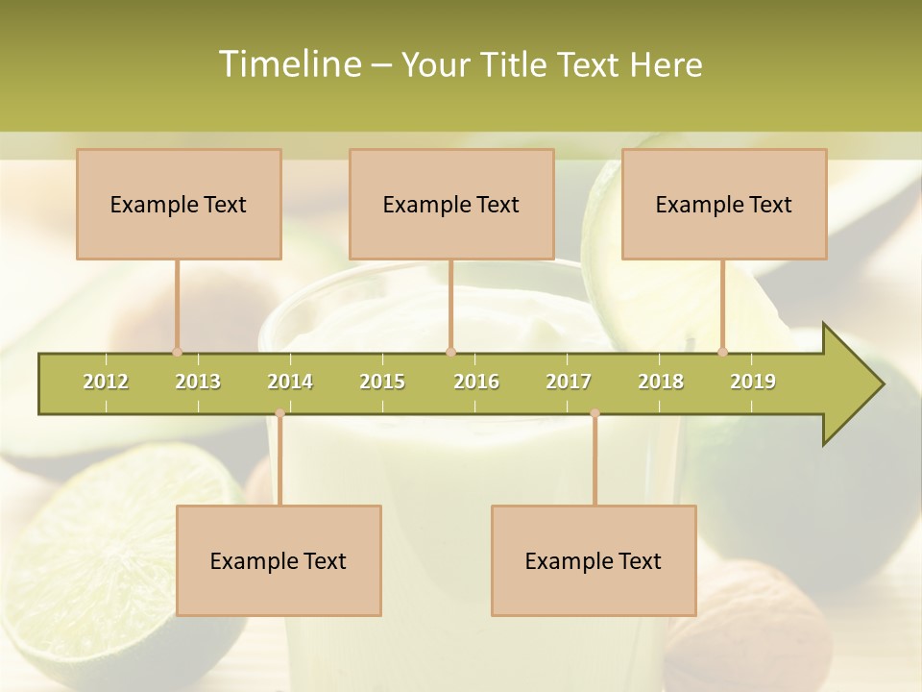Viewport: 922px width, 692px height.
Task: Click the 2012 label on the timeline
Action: click(x=106, y=382)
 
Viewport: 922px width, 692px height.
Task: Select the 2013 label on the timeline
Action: click(x=198, y=382)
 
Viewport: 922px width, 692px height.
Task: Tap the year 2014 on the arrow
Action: click(x=290, y=382)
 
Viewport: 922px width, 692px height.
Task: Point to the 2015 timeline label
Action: click(x=382, y=382)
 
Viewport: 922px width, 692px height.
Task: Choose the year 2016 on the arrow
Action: click(x=476, y=382)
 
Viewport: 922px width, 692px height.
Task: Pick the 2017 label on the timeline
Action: click(x=569, y=382)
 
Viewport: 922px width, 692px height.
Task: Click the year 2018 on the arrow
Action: click(x=661, y=382)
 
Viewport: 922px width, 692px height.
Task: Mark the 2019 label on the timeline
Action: click(x=753, y=382)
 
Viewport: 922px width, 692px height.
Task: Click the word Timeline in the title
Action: click(x=288, y=64)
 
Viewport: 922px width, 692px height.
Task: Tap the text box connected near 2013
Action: click(x=179, y=204)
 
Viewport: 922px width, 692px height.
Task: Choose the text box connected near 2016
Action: click(x=451, y=204)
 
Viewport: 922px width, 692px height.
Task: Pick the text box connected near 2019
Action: click(x=724, y=204)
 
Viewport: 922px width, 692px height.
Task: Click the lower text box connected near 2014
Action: click(x=279, y=560)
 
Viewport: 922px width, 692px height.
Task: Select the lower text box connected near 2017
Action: click(x=594, y=560)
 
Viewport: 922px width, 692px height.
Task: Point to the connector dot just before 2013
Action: click(x=177, y=352)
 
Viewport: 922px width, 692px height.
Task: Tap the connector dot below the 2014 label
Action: click(x=279, y=413)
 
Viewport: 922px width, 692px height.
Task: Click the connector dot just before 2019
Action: click(x=723, y=352)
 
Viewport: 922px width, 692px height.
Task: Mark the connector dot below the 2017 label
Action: click(x=594, y=413)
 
